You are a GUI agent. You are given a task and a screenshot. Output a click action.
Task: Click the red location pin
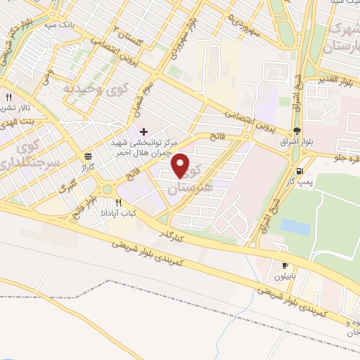(x=181, y=166)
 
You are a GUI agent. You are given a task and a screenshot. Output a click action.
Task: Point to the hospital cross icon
(x=143, y=131)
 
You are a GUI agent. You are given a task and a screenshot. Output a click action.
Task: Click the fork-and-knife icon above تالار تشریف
(x=9, y=97)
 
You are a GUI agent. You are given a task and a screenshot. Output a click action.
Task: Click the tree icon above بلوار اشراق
(x=297, y=131)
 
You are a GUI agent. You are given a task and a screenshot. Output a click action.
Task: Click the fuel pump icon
(x=301, y=171)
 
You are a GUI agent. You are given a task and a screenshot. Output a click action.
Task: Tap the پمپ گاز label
(x=305, y=181)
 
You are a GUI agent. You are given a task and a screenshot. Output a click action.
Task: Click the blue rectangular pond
(x=295, y=227)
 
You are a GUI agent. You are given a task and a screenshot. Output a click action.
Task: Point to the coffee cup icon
(x=285, y=265)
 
